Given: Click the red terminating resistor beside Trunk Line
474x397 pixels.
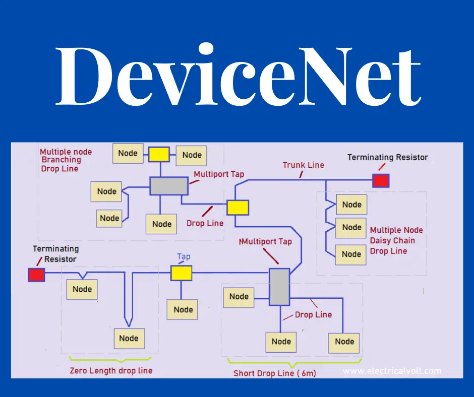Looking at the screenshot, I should pos(381,180).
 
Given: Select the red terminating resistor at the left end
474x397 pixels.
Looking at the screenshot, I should pos(36,275).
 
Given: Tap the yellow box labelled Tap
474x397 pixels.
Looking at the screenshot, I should pos(182,273).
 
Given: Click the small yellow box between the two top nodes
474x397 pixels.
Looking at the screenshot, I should pos(159,154).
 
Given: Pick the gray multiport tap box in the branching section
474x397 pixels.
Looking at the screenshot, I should pos(169,186).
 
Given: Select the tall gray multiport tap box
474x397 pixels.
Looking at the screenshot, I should pos(279,287).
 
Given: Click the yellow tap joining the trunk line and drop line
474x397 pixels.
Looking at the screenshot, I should pos(238,207).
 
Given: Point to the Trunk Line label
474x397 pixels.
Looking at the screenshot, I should pos(303,165).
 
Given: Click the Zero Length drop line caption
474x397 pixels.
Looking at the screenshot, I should pos(111,371).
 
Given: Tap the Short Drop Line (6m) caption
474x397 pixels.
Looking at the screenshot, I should pos(275,374).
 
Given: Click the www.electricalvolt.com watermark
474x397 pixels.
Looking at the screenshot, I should pos(392,371).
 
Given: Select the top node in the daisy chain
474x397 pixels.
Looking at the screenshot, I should pos(351,205).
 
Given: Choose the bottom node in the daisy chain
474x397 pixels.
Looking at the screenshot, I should pos(351,254).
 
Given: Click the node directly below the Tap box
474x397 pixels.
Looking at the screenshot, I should pos(183,309).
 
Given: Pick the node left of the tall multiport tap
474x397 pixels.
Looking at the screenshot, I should pos(239,297).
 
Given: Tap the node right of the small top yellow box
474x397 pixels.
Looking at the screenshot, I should pos(192,155).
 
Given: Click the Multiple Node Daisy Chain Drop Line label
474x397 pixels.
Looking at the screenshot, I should pos(396,240).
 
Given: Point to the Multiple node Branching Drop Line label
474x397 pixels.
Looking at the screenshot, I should pos(66,160).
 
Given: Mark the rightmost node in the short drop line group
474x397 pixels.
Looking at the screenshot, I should pos(344,342).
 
